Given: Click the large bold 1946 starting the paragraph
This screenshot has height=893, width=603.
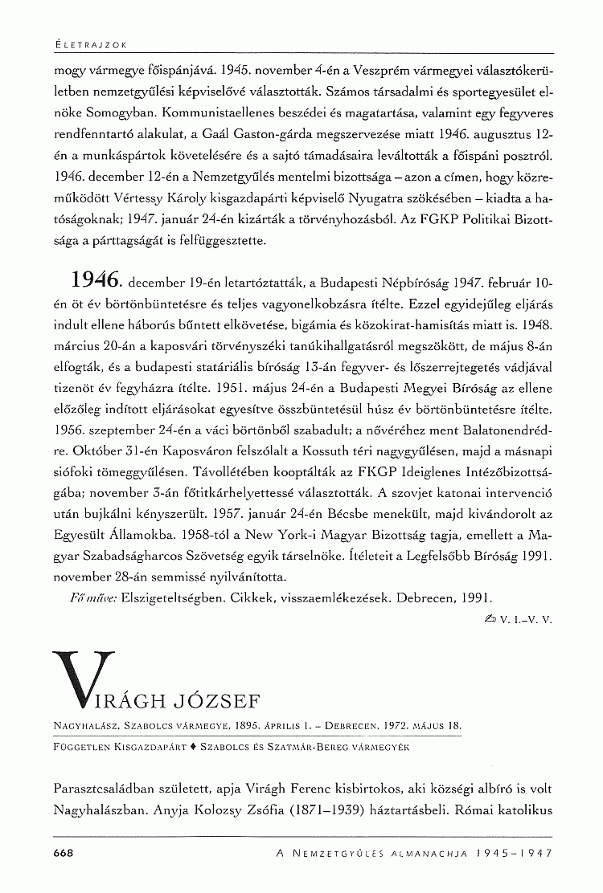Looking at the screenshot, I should tap(96, 281).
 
